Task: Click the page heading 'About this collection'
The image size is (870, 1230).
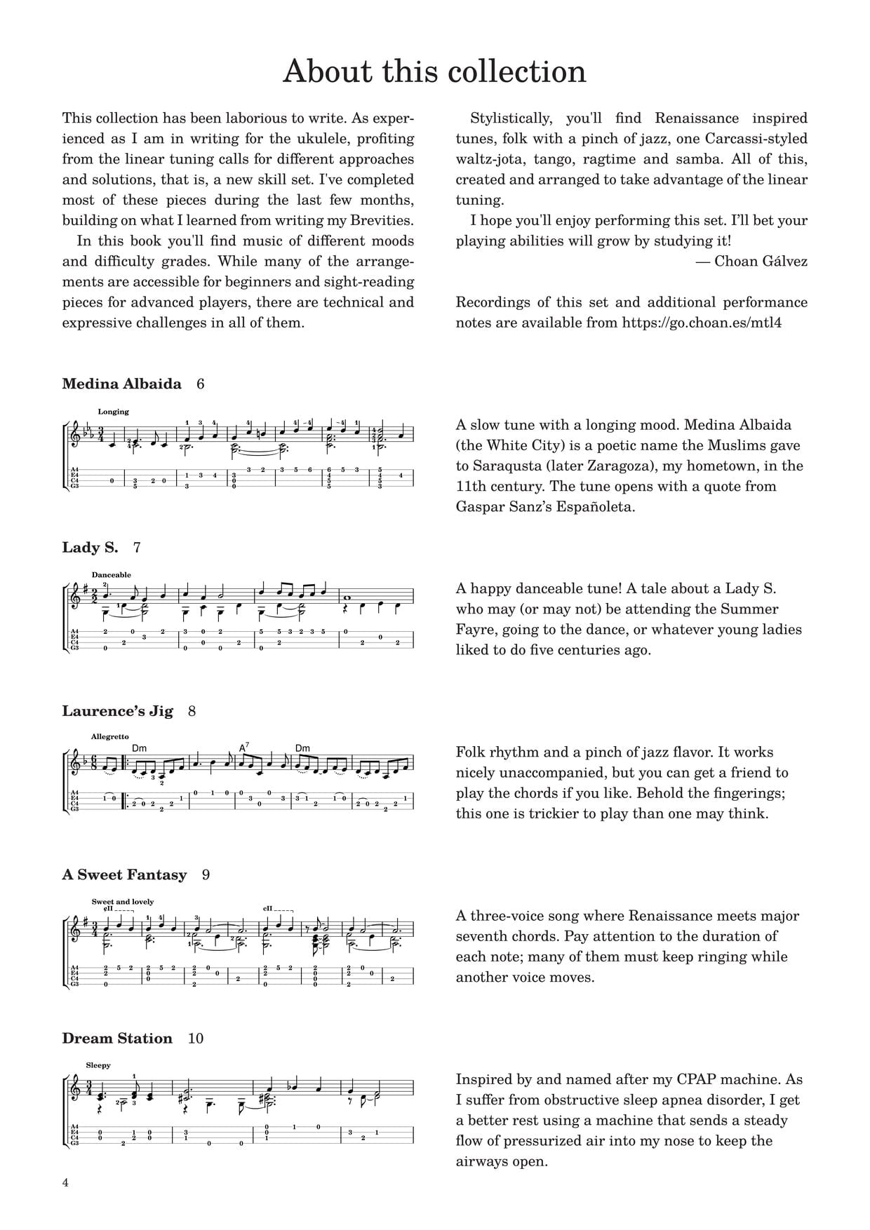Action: pos(434,72)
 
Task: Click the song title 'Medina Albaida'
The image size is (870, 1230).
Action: pos(121,384)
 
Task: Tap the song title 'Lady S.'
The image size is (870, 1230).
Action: pos(90,547)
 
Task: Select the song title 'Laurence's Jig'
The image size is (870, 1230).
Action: pos(117,711)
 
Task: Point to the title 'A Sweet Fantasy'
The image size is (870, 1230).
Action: pos(124,874)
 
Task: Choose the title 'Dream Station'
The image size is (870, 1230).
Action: pos(117,1038)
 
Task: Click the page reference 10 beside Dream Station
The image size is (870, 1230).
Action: pos(196,1038)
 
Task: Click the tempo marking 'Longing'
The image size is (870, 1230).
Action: pos(113,412)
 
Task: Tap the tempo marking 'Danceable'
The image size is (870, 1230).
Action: pos(111,575)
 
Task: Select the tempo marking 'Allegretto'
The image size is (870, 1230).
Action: pos(109,736)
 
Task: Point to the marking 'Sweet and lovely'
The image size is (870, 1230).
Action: pos(122,902)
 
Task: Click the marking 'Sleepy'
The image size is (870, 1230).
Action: pos(98,1065)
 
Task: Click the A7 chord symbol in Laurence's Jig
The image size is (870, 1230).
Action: pos(244,748)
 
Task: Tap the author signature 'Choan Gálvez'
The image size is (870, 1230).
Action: pos(761,262)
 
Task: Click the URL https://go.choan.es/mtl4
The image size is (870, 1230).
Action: pos(702,323)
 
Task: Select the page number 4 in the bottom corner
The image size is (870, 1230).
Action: pos(66,1183)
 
